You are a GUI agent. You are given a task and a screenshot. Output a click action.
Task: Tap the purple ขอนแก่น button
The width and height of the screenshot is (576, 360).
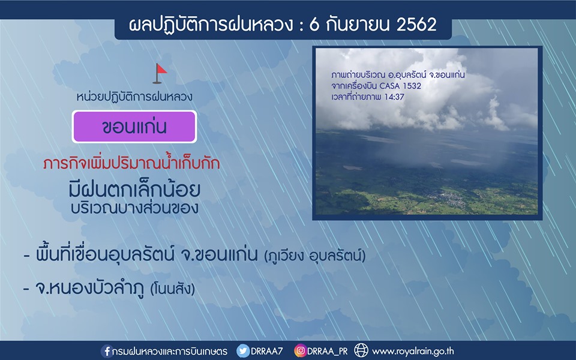pyautogui.click(x=134, y=127)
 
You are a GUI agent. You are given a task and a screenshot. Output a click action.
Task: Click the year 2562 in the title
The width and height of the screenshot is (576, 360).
pyautogui.click(x=416, y=25)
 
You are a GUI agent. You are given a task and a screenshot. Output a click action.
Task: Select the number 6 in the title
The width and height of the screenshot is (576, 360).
pyautogui.click(x=314, y=25)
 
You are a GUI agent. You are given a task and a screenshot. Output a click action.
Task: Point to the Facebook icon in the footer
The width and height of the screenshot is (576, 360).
pyautogui.click(x=107, y=351)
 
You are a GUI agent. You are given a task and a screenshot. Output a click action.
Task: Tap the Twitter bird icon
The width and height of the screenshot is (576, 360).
pyautogui.click(x=242, y=351)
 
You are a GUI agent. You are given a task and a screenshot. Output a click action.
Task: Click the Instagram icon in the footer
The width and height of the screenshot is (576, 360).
pyautogui.click(x=300, y=351)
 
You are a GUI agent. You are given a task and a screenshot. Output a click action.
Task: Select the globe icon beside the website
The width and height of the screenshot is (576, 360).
pyautogui.click(x=361, y=350)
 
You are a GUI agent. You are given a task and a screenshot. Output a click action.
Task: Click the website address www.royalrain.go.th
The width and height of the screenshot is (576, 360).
pyautogui.click(x=413, y=352)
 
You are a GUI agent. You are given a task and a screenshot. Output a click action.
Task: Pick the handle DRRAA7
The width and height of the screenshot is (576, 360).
pyautogui.click(x=266, y=351)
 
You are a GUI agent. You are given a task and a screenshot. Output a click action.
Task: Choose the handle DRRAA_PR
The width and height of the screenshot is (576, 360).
pyautogui.click(x=328, y=351)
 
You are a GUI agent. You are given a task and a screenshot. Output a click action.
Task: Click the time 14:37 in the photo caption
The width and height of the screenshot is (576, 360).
pyautogui.click(x=394, y=97)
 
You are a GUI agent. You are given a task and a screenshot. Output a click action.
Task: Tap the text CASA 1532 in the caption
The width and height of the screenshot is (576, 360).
pyautogui.click(x=400, y=86)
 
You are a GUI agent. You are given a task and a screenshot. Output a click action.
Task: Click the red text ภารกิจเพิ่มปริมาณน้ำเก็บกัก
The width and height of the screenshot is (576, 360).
pyautogui.click(x=131, y=163)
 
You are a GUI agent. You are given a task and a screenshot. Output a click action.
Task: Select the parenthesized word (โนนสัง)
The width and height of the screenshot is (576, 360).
pyautogui.click(x=173, y=289)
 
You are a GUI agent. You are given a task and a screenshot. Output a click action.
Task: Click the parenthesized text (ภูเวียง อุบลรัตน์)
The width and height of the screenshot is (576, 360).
pyautogui.click(x=315, y=256)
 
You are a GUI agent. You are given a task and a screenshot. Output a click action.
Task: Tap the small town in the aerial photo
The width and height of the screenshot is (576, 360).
pyautogui.click(x=446, y=199)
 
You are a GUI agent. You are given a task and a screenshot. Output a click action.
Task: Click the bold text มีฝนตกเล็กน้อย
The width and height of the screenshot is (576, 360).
pyautogui.click(x=134, y=188)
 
